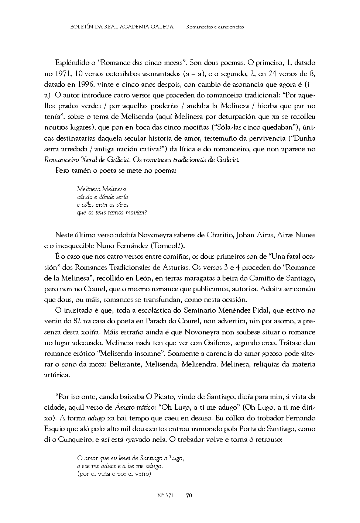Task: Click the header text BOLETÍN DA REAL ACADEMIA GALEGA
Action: [x=121, y=27]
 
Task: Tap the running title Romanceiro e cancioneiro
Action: [x=215, y=27]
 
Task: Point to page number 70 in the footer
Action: [x=189, y=495]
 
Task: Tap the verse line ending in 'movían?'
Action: [x=112, y=213]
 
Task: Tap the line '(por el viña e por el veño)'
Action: [x=114, y=474]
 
